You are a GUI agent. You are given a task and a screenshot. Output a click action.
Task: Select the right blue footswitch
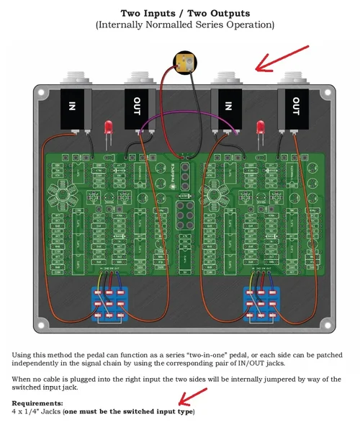coord(262,303)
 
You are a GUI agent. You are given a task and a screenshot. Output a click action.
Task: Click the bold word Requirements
coord(37,403)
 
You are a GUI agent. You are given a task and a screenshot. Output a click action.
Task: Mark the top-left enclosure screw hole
coord(40,92)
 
